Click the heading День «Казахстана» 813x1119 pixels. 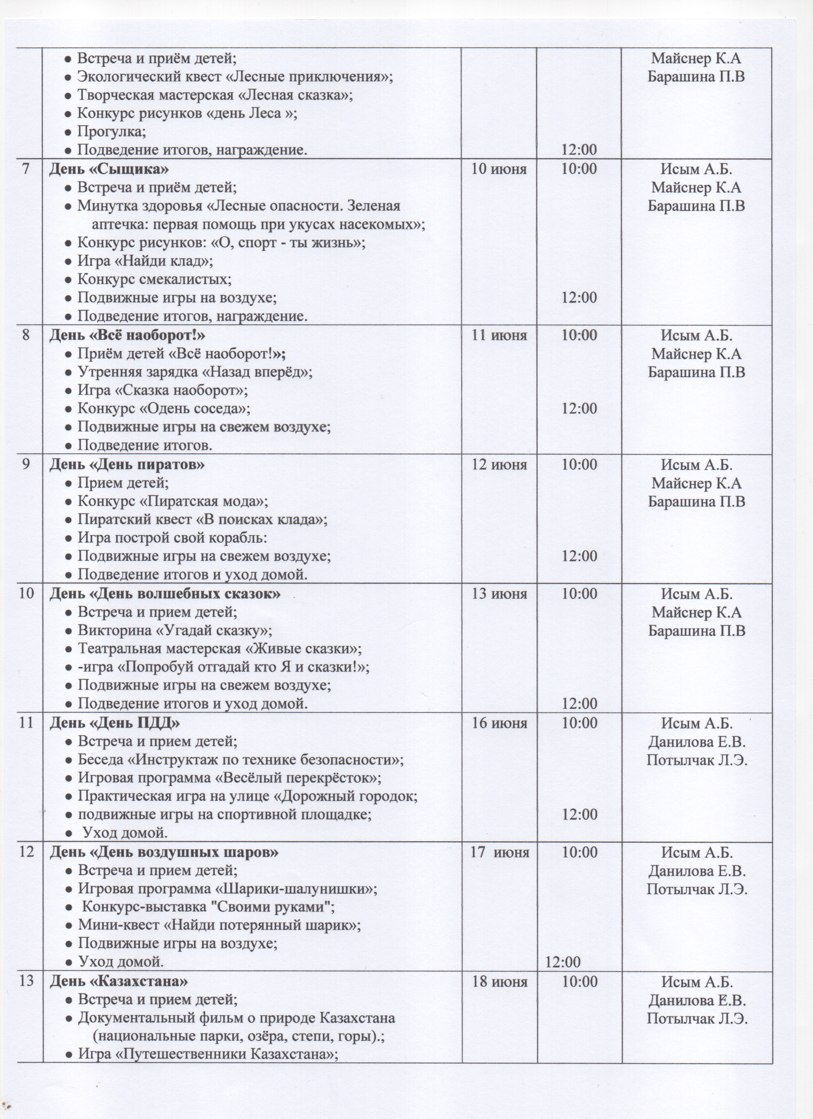point(118,968)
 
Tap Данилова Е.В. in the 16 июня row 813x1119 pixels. point(697,742)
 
